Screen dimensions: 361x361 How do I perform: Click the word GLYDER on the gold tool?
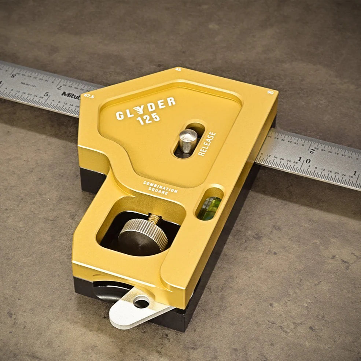145,108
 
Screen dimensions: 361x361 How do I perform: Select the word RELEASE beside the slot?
207,144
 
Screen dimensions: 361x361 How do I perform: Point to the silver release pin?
188,140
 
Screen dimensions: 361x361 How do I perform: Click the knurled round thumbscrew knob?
143,235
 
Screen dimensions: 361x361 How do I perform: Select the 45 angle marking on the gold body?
178,69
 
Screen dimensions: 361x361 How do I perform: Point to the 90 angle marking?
270,93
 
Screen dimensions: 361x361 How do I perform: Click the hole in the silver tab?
141,302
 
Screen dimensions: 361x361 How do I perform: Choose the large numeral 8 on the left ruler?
14,76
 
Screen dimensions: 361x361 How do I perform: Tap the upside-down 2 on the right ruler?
312,150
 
